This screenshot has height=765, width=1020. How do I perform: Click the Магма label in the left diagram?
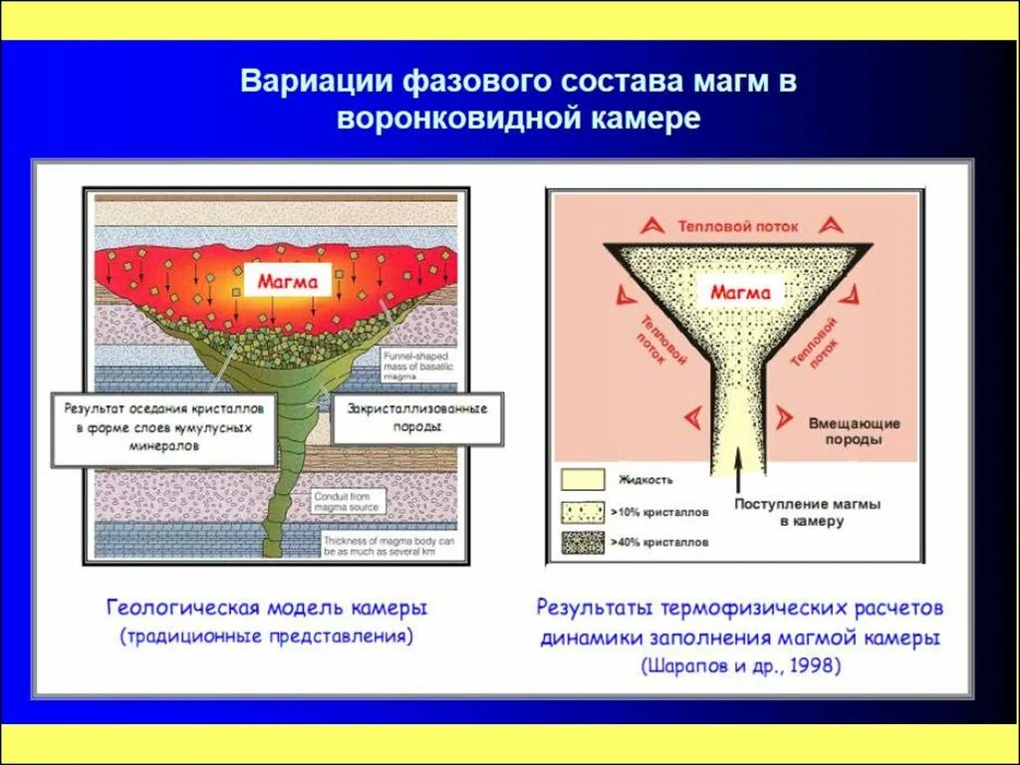[x=287, y=282]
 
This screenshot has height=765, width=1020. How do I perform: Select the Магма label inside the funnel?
[x=739, y=292]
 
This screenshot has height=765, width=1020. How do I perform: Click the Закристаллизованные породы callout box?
[x=416, y=417]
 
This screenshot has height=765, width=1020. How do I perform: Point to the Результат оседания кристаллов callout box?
[x=164, y=427]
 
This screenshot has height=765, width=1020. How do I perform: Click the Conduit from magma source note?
[x=345, y=501]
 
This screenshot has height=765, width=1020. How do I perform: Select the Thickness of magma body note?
[x=389, y=546]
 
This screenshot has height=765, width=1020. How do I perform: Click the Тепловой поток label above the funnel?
[x=738, y=226]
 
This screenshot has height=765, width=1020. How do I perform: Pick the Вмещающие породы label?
[x=854, y=430]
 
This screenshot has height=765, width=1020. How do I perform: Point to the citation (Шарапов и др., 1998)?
[x=741, y=665]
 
